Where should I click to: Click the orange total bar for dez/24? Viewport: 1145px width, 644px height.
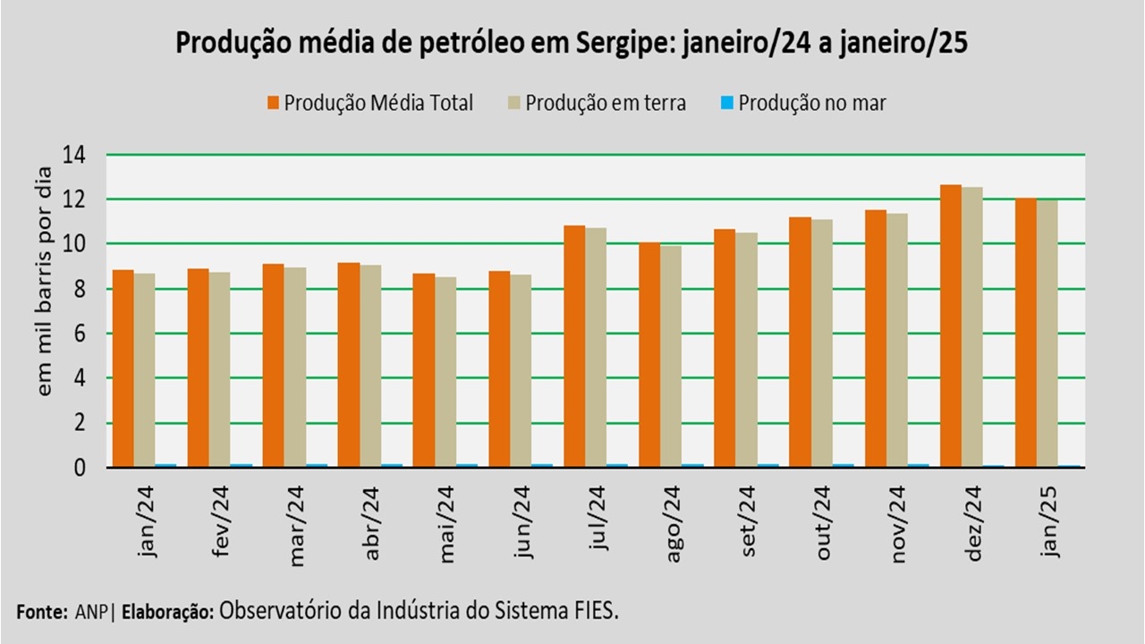[950, 326]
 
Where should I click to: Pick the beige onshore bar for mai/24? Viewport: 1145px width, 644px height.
[445, 371]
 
